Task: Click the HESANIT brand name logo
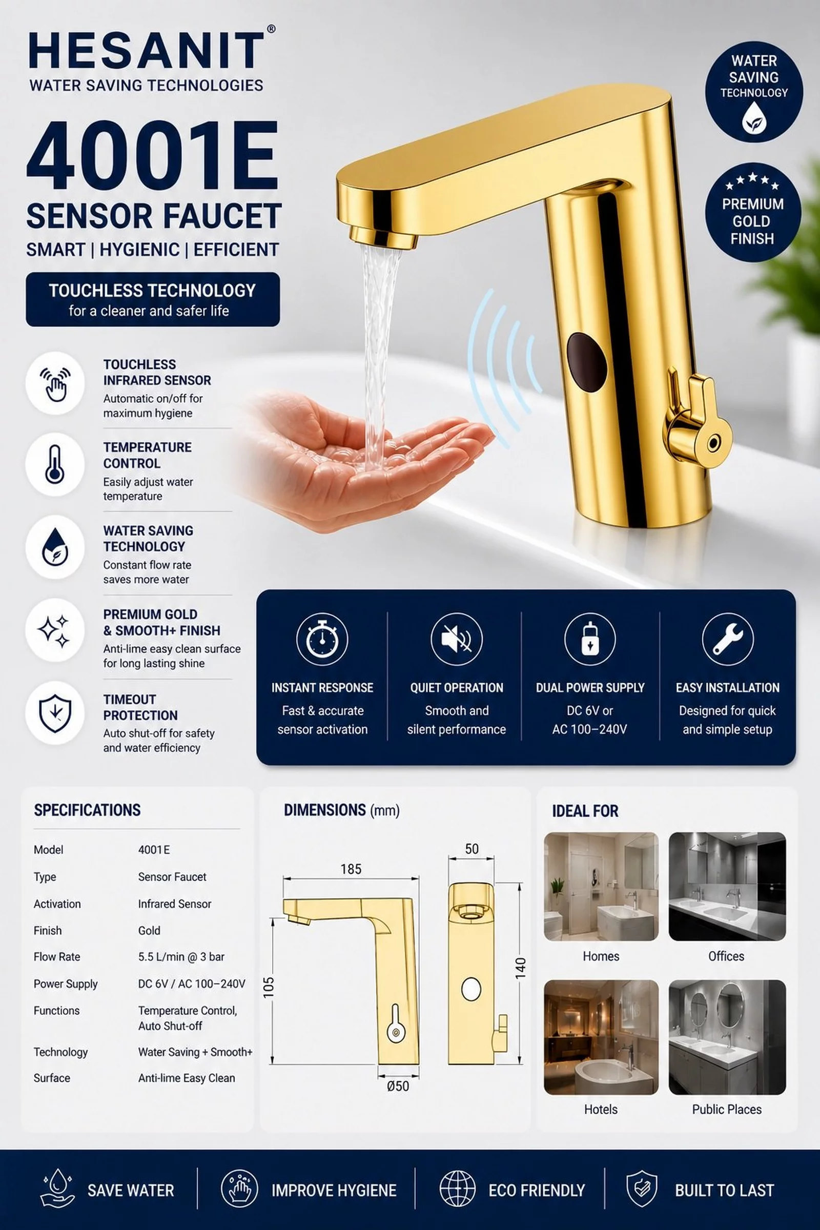[x=147, y=50]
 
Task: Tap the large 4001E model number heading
[x=152, y=155]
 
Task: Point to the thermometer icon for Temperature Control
[x=55, y=464]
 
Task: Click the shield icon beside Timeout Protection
[x=55, y=713]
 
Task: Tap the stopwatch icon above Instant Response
[x=322, y=639]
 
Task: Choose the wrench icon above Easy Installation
[x=727, y=639]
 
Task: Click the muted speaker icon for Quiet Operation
[x=457, y=639]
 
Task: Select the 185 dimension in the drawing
[x=351, y=869]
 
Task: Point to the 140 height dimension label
[x=520, y=968]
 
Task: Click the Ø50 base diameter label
[x=398, y=1086]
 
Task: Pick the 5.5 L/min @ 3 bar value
[x=181, y=957]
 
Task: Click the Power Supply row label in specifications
[x=66, y=983]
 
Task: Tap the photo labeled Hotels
[x=601, y=1037]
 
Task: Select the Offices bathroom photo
[x=727, y=887]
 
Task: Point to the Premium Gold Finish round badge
[x=752, y=212]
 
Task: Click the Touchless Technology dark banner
[x=153, y=299]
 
